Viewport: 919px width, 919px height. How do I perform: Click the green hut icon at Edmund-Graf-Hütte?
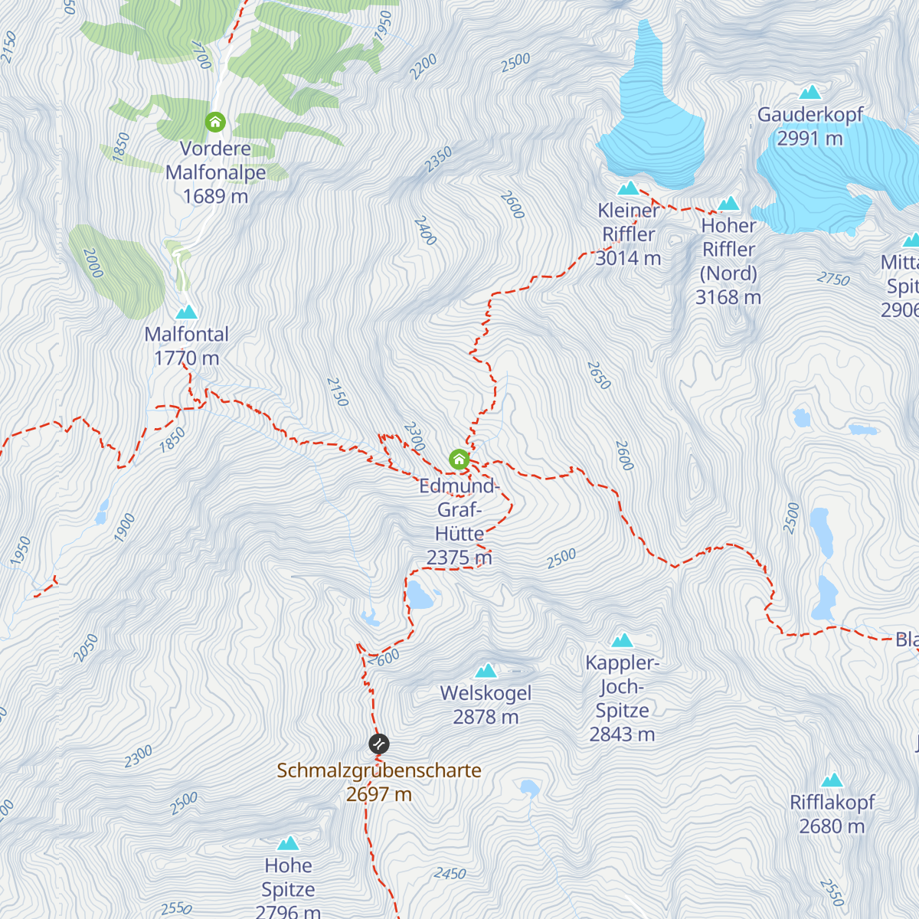tap(459, 459)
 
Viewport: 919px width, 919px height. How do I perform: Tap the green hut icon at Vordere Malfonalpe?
tap(215, 122)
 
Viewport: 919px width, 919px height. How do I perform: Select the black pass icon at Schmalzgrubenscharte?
tap(378, 744)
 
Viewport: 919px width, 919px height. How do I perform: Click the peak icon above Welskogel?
tap(486, 672)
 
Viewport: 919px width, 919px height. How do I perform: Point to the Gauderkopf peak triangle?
tap(809, 93)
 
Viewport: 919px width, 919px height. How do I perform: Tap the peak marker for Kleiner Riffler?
tap(628, 188)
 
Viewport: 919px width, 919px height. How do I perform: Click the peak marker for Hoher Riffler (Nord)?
tap(728, 204)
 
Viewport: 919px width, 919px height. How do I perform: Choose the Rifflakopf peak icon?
tap(832, 780)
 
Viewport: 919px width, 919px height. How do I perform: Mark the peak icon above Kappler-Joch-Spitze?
tap(622, 640)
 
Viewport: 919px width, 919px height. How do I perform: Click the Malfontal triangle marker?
tap(186, 312)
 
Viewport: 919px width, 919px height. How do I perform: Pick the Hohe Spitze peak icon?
tap(288, 844)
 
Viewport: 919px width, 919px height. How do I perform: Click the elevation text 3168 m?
tap(728, 297)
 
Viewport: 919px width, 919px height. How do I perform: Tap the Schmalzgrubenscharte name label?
tap(379, 770)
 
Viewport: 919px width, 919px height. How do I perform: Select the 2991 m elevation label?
tap(809, 139)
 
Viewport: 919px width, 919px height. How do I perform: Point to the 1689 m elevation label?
tap(215, 197)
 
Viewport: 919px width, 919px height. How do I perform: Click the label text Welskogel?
tap(486, 693)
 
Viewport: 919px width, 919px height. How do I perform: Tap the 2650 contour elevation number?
tap(599, 375)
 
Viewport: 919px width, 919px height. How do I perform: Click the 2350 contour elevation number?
tap(439, 159)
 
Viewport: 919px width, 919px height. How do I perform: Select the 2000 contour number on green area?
tap(93, 263)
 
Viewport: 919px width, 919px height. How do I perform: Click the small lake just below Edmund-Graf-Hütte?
tap(419, 594)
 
